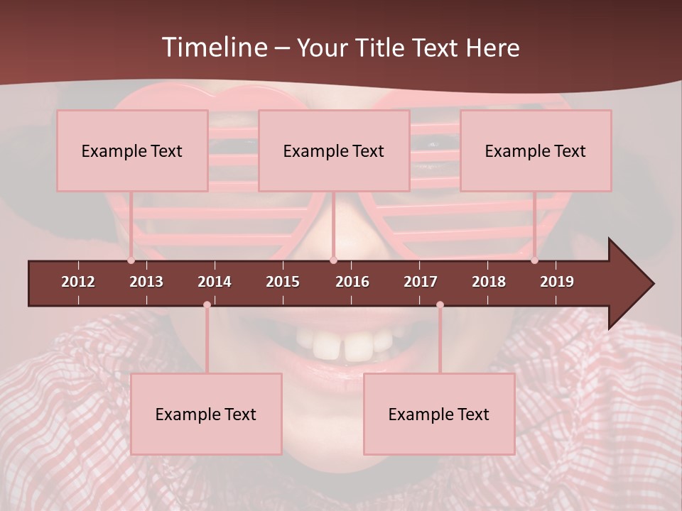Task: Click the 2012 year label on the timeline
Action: click(x=78, y=282)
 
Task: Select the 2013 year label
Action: click(x=146, y=282)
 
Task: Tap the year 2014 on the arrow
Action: click(x=215, y=282)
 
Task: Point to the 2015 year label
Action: click(x=283, y=282)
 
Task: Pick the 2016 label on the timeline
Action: click(x=352, y=282)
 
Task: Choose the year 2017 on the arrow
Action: click(x=421, y=282)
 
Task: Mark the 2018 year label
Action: click(x=489, y=282)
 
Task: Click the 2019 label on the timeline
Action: click(x=557, y=282)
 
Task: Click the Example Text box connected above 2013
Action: click(x=132, y=151)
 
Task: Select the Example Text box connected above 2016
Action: click(x=334, y=151)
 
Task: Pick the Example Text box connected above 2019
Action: click(x=536, y=151)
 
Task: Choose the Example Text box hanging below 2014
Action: click(x=206, y=414)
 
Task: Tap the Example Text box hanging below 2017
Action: click(x=439, y=414)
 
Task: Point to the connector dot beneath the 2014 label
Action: click(x=207, y=304)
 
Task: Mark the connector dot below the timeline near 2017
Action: click(x=440, y=304)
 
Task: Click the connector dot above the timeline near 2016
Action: click(x=333, y=260)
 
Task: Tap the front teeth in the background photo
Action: click(x=340, y=346)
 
